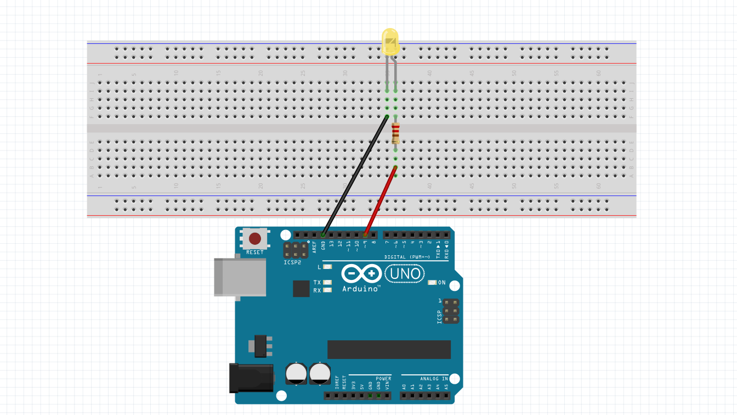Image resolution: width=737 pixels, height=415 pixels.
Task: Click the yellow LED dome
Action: click(x=390, y=42)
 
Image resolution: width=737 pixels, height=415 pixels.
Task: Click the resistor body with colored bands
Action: click(x=395, y=133)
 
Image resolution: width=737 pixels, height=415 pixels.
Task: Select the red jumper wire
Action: click(x=379, y=201)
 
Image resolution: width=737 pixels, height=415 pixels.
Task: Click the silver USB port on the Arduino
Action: click(x=240, y=277)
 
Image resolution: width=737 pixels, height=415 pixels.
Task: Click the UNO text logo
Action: click(x=405, y=273)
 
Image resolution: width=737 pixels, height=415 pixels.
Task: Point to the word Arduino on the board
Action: click(x=361, y=288)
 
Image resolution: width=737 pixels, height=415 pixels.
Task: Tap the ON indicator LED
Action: click(x=432, y=283)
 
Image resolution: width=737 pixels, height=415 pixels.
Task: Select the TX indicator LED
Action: click(x=328, y=283)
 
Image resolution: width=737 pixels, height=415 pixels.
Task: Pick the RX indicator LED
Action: click(x=328, y=290)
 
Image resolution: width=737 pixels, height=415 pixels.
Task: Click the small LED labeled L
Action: click(x=328, y=267)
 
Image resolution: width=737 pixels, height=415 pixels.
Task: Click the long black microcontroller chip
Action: click(x=389, y=350)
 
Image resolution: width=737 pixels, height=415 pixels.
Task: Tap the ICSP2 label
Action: click(x=292, y=263)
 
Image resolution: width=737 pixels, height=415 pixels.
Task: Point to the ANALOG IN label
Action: click(x=434, y=379)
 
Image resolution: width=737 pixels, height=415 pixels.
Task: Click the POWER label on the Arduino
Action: click(x=383, y=379)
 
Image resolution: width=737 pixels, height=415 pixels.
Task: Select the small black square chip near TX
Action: click(x=301, y=288)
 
